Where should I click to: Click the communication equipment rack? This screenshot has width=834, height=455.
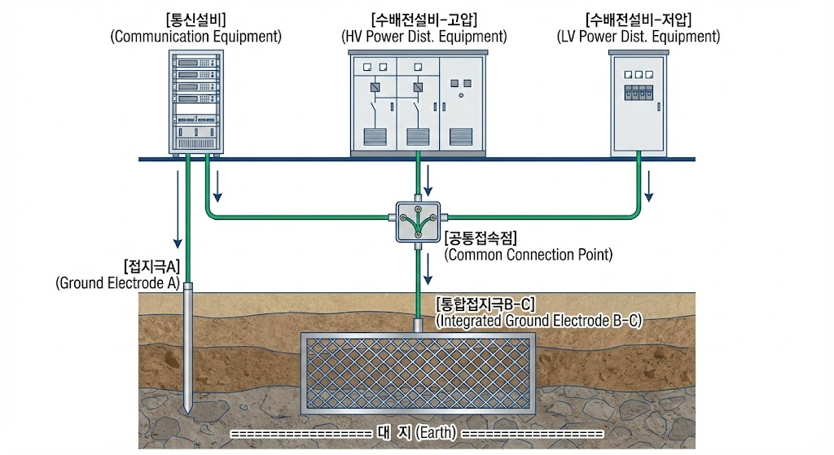[197, 102]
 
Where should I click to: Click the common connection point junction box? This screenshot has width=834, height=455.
[416, 219]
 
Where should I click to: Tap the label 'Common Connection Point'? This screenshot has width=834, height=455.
[529, 254]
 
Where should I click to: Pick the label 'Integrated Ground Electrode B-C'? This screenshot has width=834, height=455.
[539, 321]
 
